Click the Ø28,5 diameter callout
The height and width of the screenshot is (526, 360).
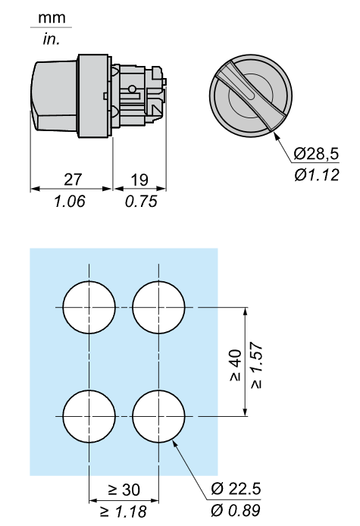click(315, 154)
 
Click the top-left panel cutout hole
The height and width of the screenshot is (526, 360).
click(89, 307)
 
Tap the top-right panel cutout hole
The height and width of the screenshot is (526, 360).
click(158, 307)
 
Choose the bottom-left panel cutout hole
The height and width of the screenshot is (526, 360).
click(89, 416)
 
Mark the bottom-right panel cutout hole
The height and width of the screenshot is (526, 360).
click(158, 416)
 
